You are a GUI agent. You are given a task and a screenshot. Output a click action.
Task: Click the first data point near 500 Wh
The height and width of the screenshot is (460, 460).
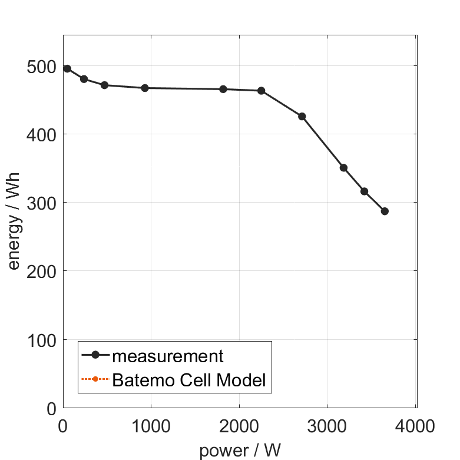tap(67, 68)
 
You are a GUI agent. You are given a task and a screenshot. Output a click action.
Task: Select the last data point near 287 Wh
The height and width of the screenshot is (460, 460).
tap(385, 211)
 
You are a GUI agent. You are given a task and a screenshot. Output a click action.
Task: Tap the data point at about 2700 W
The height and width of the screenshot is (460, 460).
tap(302, 117)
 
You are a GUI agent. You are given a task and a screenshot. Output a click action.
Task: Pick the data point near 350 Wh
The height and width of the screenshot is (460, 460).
tap(344, 168)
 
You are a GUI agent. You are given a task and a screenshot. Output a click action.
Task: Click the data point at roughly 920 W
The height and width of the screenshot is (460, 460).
tap(145, 88)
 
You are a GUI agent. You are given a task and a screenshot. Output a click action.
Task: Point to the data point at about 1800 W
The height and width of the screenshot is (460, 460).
tap(223, 89)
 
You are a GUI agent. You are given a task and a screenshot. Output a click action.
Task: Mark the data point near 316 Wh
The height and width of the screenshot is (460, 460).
tap(365, 191)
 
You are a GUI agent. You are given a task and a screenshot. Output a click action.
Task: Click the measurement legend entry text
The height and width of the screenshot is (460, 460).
tap(168, 356)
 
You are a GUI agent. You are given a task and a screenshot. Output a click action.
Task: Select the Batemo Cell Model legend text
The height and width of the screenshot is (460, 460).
tap(189, 380)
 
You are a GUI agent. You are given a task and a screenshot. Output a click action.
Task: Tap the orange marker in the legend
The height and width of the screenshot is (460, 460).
tap(95, 379)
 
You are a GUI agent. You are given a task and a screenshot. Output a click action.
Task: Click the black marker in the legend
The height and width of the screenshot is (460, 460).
tap(95, 355)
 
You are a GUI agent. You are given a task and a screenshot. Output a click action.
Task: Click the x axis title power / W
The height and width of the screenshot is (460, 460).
tap(240, 451)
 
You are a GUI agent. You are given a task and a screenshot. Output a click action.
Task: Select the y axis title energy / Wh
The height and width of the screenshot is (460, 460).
tap(14, 221)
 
